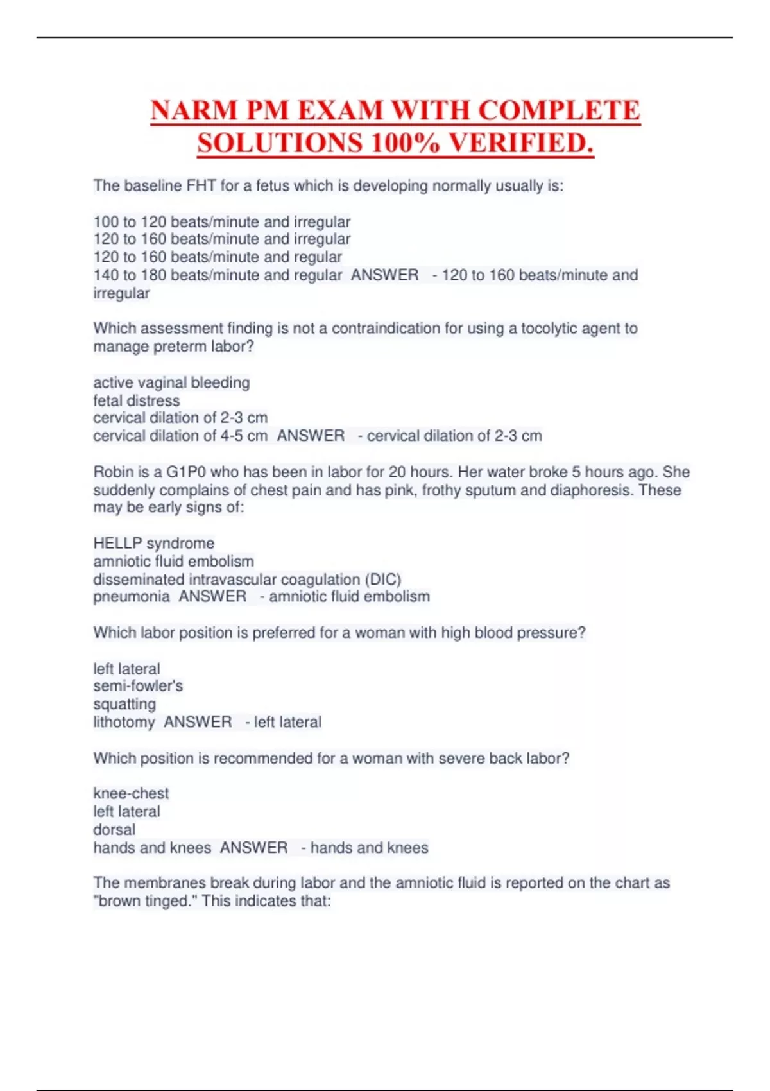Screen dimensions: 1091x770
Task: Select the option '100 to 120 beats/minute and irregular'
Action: [222, 222]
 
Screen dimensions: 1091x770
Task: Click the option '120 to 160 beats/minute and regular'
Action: [218, 257]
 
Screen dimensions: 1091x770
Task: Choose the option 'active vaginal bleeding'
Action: [171, 383]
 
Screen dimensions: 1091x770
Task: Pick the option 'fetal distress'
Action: [137, 401]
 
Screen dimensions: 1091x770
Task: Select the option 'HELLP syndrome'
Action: [154, 544]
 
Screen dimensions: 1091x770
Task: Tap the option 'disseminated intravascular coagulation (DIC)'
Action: [247, 580]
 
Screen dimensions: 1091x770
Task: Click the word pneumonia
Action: [132, 597]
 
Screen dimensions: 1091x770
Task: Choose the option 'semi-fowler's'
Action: [138, 686]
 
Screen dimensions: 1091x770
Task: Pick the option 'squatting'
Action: [124, 704]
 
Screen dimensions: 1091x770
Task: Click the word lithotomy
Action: [124, 722]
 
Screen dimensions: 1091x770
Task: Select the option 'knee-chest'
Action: [131, 793]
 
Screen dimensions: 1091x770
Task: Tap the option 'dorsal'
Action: [114, 829]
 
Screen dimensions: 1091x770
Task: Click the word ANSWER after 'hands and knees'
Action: [254, 848]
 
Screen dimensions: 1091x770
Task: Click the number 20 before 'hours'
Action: [397, 472]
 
